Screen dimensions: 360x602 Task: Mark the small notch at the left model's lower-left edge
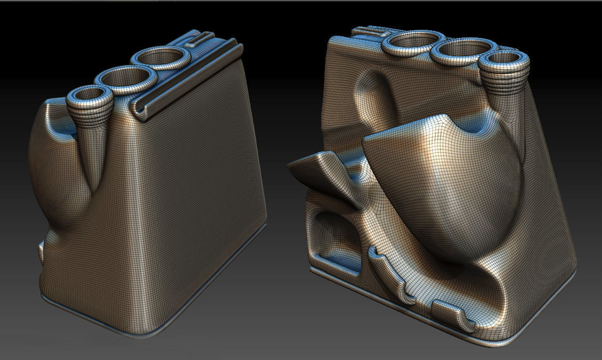pos(42,250)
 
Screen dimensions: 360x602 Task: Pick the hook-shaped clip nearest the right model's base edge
pos(453,314)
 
